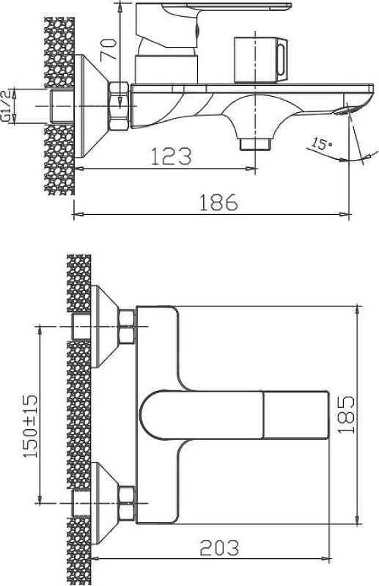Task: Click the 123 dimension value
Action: point(172,156)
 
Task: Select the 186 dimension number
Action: point(218,202)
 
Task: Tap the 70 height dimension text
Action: point(108,48)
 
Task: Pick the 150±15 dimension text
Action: point(30,425)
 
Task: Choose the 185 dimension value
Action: point(346,415)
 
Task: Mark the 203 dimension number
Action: point(219,548)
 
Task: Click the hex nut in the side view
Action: point(119,106)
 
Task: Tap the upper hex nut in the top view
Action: point(127,326)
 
